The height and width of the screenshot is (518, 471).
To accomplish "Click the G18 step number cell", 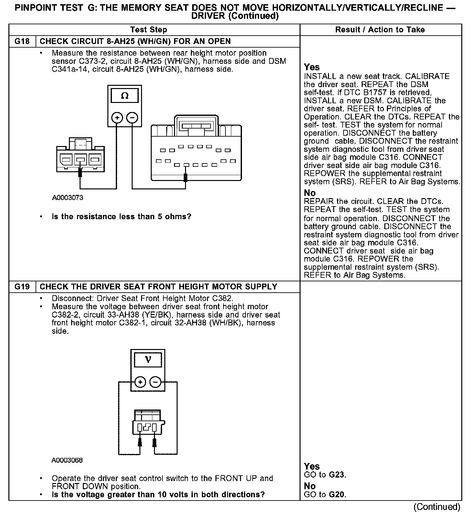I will (x=22, y=41).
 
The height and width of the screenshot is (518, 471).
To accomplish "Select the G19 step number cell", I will (x=22, y=287).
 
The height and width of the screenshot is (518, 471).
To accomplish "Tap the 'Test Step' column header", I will (x=148, y=30).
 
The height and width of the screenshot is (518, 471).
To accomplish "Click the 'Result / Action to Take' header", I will (x=380, y=30).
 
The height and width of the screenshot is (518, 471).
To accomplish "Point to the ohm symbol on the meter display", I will (x=125, y=96).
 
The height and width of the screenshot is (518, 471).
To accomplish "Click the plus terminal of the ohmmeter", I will (x=117, y=118).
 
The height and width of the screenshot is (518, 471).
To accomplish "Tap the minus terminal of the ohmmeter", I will (x=132, y=118).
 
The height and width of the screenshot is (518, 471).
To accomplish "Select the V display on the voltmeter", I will (x=148, y=360).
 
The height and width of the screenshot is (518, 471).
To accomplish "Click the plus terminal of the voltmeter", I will (x=140, y=382).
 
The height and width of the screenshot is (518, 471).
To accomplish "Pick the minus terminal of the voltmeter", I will (x=156, y=382).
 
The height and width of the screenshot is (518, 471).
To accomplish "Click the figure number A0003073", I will (x=68, y=198).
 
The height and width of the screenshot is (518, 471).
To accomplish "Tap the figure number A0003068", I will (x=67, y=460).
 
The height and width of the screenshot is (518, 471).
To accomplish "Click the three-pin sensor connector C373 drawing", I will (x=80, y=154).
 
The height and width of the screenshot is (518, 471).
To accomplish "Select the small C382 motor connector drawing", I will (x=148, y=423).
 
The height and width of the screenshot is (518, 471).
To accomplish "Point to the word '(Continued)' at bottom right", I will (x=437, y=507).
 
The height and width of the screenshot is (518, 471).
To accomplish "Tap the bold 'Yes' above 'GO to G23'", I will (x=312, y=467).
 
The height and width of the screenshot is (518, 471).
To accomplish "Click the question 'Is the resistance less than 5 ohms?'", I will (x=121, y=217).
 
